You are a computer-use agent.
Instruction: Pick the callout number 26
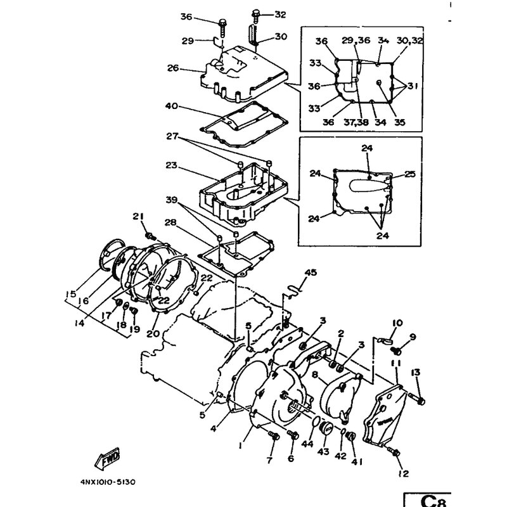tap(173, 68)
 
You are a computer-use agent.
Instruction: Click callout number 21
tap(138, 217)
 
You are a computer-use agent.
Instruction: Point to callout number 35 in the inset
tap(399, 122)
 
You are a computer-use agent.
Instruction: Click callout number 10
tap(398, 323)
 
